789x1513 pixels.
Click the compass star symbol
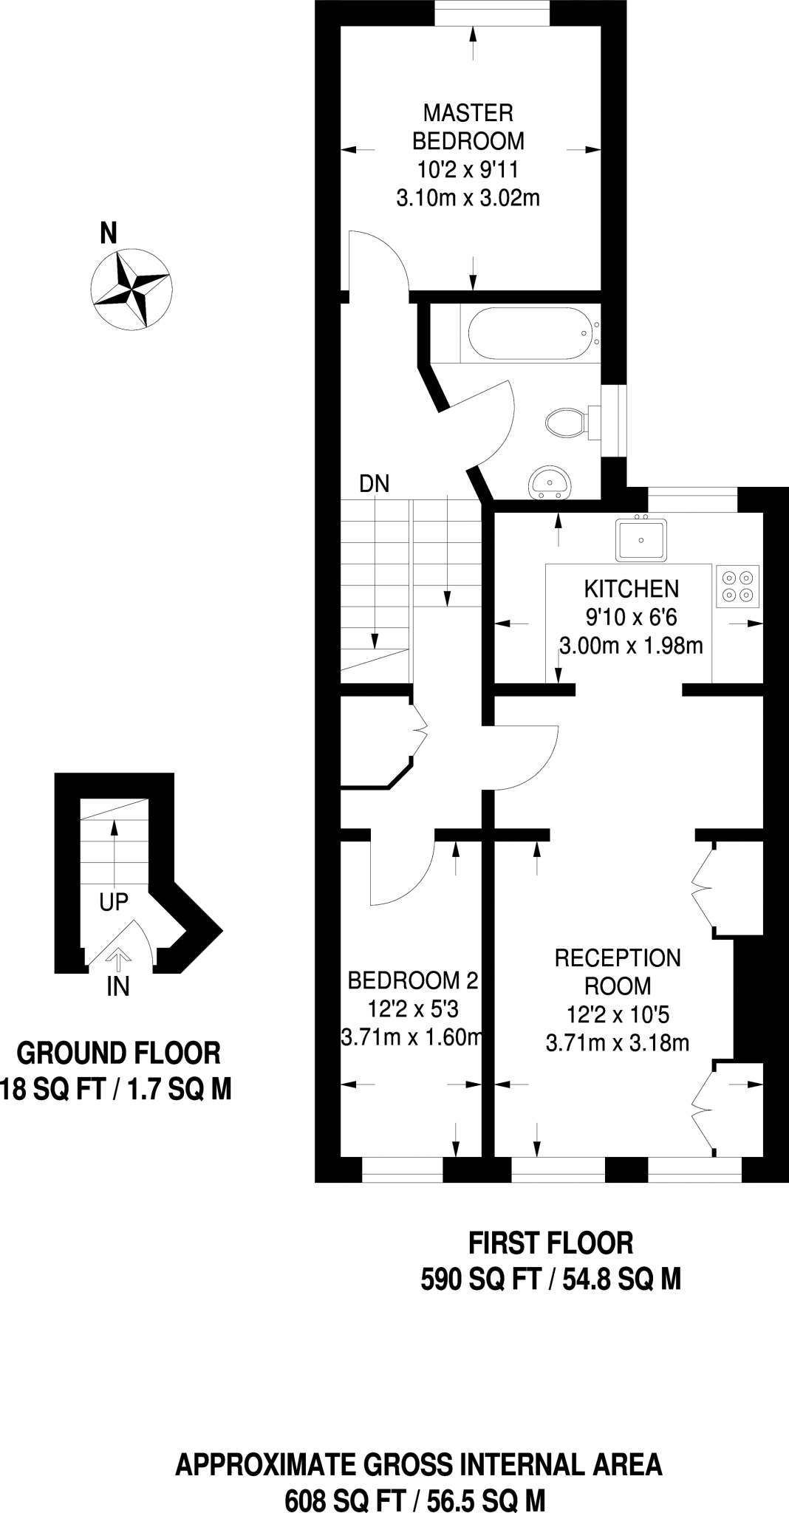(x=131, y=288)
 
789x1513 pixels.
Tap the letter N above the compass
(x=109, y=233)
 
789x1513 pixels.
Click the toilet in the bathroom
(x=565, y=422)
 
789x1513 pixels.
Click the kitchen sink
(x=641, y=539)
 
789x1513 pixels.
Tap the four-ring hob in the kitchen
(x=737, y=586)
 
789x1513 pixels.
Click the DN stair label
(x=374, y=484)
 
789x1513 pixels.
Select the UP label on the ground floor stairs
(x=114, y=902)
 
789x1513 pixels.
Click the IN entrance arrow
(x=116, y=959)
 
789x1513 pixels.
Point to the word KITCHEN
(x=631, y=589)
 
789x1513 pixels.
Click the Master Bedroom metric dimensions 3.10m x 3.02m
(x=468, y=198)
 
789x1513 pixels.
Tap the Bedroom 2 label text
(x=412, y=980)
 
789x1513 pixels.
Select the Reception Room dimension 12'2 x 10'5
(x=618, y=1014)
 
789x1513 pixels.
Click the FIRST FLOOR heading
(x=551, y=1243)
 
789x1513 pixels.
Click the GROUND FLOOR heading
(x=118, y=1053)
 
